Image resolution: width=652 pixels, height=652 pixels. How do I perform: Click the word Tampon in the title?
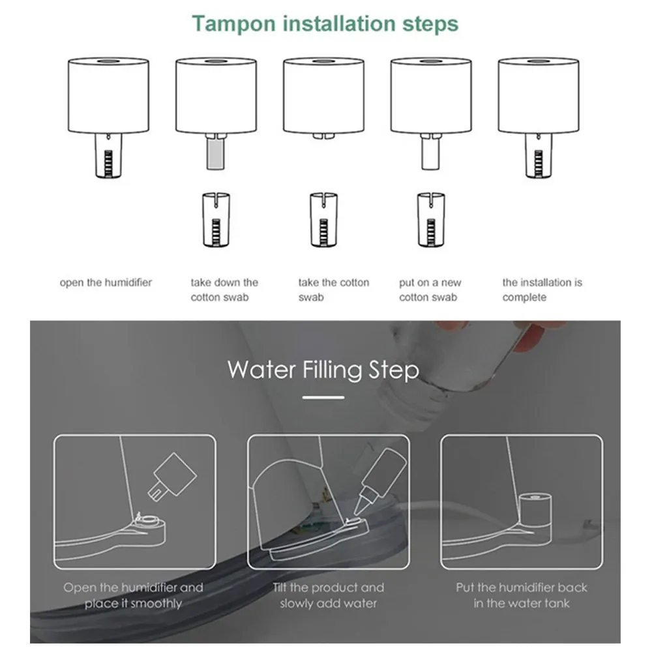click(233, 24)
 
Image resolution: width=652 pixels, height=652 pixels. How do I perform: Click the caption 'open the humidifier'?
click(106, 283)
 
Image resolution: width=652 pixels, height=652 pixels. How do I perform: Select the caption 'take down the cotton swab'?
click(224, 290)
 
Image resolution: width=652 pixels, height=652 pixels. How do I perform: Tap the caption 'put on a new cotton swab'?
click(430, 290)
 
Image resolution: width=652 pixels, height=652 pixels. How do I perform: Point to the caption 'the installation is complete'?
click(542, 290)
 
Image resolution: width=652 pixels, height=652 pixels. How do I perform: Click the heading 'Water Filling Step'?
click(323, 370)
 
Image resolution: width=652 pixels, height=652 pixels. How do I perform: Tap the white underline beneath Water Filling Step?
click(323, 398)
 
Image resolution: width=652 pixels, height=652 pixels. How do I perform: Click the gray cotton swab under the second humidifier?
click(215, 153)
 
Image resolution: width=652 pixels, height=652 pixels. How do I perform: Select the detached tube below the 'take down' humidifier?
click(216, 220)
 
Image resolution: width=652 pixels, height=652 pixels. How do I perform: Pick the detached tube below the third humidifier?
click(323, 220)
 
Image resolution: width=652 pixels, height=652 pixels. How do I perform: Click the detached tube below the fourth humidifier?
click(431, 220)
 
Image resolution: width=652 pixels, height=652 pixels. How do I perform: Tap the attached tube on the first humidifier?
click(108, 156)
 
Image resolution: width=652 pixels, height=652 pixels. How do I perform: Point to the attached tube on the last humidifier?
click(539, 156)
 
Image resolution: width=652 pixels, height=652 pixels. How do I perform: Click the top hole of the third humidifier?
click(323, 61)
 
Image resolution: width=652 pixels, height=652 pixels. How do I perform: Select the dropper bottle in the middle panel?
click(379, 482)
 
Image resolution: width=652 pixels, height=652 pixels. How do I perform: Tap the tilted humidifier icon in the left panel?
click(172, 477)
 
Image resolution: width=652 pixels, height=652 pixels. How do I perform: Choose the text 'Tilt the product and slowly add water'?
click(328, 595)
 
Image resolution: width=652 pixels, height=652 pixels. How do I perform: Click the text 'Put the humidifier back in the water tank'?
click(522, 595)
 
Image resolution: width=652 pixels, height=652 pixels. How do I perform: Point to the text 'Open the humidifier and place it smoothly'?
click(133, 595)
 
